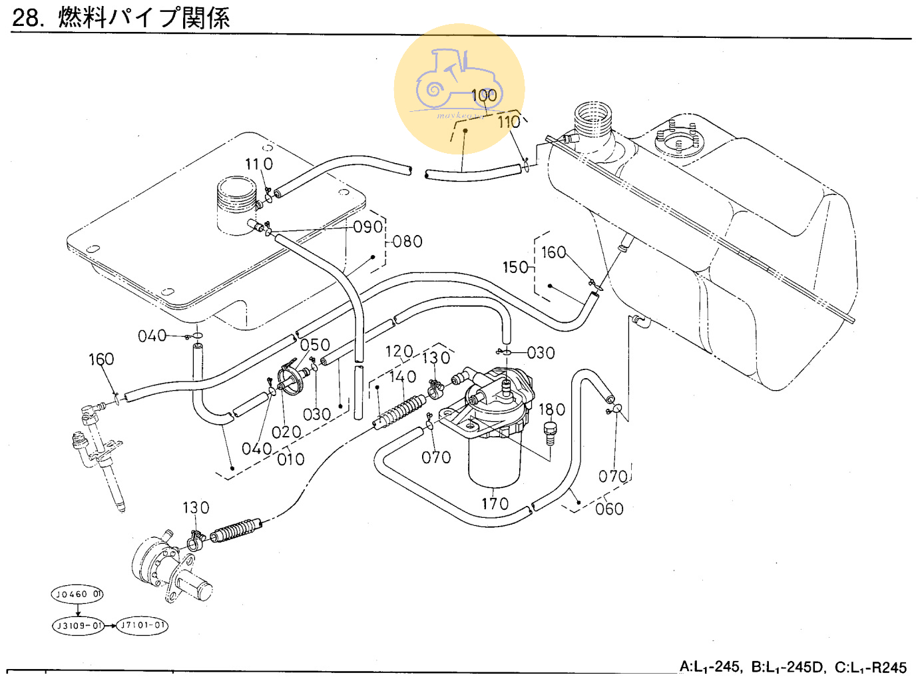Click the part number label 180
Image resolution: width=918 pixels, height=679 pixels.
click(x=552, y=409)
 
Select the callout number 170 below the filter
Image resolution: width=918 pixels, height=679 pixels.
click(x=495, y=504)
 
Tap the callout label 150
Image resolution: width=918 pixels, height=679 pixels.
click(x=515, y=267)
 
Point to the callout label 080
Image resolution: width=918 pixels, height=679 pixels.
click(x=407, y=242)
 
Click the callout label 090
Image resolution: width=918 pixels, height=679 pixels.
click(x=367, y=227)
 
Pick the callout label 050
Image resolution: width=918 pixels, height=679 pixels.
click(x=315, y=345)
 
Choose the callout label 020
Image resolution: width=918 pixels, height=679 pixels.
click(x=286, y=432)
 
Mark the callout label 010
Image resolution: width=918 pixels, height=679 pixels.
click(x=291, y=459)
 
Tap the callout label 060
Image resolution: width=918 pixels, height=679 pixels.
click(x=609, y=509)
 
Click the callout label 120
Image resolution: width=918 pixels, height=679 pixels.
click(x=399, y=351)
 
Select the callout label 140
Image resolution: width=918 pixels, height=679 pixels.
click(x=402, y=377)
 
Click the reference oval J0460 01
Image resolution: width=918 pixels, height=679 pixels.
click(x=78, y=594)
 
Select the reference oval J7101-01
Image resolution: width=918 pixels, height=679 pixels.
click(x=142, y=626)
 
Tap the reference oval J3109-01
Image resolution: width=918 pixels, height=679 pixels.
click(x=79, y=626)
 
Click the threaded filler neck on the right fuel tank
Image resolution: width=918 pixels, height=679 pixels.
click(x=592, y=119)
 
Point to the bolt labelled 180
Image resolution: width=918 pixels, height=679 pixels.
click(x=551, y=433)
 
